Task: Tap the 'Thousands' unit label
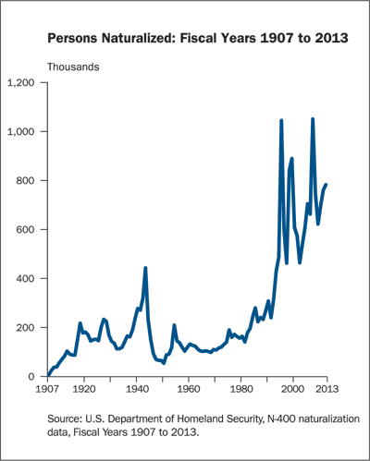tap(74, 67)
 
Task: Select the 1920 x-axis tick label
tap(84, 389)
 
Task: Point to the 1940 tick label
tap(136, 389)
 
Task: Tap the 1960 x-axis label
tap(189, 389)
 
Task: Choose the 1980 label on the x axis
tap(240, 389)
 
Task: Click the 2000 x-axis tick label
tap(293, 389)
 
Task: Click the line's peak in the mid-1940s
tap(145, 268)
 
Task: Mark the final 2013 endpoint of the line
tap(327, 185)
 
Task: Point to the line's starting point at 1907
tap(47, 375)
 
